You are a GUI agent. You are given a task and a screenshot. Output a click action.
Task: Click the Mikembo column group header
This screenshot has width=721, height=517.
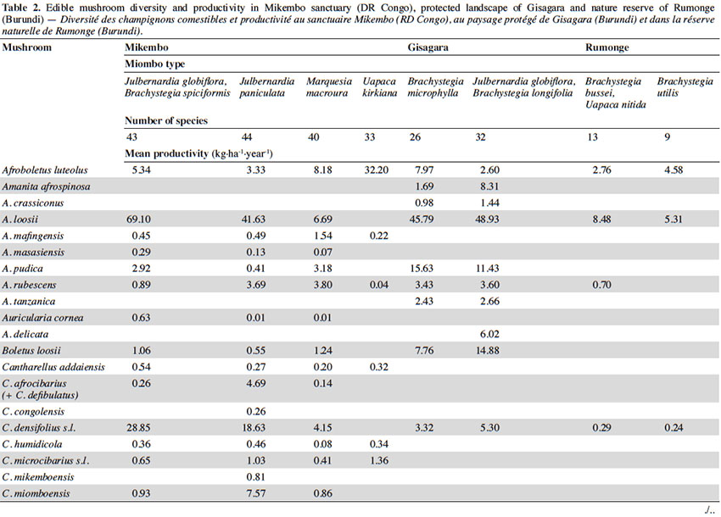pyautogui.click(x=147, y=47)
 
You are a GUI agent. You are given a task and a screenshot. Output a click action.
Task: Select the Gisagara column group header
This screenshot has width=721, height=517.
pyautogui.click(x=428, y=47)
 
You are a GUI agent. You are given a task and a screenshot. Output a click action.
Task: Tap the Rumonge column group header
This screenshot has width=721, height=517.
pyautogui.click(x=607, y=47)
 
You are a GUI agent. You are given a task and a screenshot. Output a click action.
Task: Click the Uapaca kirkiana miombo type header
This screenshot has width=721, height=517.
pyautogui.click(x=380, y=87)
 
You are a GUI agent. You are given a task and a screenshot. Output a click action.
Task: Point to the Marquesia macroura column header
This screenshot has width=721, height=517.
pyautogui.click(x=329, y=87)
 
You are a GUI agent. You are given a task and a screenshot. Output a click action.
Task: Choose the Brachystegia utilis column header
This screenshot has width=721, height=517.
pyautogui.click(x=685, y=87)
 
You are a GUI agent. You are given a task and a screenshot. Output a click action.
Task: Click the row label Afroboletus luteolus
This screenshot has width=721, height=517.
pyautogui.click(x=45, y=170)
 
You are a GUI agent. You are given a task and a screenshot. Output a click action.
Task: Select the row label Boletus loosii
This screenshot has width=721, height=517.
pyautogui.click(x=31, y=351)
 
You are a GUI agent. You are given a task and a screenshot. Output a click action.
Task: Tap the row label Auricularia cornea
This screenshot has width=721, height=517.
pyautogui.click(x=42, y=318)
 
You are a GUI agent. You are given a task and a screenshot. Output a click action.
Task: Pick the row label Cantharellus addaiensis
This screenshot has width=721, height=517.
pyautogui.click(x=53, y=367)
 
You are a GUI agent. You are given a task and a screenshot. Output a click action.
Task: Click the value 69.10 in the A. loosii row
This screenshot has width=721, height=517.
pyautogui.click(x=138, y=220)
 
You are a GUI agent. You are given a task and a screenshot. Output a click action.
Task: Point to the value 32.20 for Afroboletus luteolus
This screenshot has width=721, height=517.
pyautogui.click(x=376, y=170)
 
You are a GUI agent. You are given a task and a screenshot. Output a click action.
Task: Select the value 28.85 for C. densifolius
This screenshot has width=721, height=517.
pyautogui.click(x=138, y=428)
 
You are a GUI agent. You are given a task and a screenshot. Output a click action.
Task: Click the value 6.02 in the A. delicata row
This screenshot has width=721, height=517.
pyautogui.click(x=489, y=334)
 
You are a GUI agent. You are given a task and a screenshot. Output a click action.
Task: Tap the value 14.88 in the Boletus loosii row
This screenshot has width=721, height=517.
pyautogui.click(x=487, y=351)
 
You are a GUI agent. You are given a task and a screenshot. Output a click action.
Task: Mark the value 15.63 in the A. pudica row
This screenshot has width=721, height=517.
pyautogui.click(x=422, y=269)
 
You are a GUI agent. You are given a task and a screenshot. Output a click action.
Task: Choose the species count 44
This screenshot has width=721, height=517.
pyautogui.click(x=247, y=137)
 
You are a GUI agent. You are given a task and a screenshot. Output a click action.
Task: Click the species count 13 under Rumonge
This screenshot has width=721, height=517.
pyautogui.click(x=592, y=137)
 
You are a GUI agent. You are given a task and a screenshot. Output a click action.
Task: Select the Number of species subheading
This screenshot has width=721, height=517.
pyautogui.click(x=166, y=121)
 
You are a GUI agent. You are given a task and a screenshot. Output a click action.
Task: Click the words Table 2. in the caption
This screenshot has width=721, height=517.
pyautogui.click(x=15, y=8)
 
